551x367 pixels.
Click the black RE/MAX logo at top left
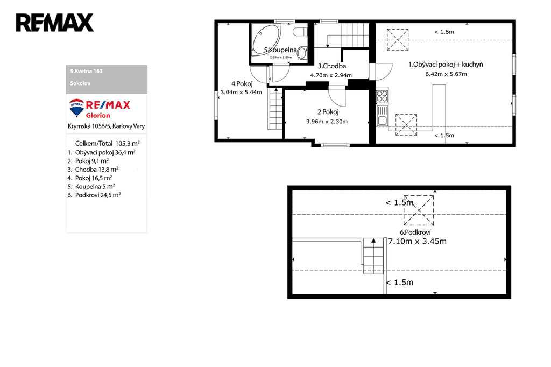point(55,23)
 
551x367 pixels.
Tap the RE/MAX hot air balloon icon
point(76,108)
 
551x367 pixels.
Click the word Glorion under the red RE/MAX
point(98,115)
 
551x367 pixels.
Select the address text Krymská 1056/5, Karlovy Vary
point(106,126)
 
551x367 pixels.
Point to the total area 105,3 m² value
point(128,144)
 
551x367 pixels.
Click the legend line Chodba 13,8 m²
point(93,170)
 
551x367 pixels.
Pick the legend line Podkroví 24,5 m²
point(94,195)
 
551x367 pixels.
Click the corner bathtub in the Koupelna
point(266,39)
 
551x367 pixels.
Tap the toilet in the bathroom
point(300,32)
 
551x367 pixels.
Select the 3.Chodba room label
point(332,66)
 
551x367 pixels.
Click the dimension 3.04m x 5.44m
point(241,93)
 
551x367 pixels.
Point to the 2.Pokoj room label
point(328,112)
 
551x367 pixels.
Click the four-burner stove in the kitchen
point(382,96)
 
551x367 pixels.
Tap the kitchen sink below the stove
point(382,116)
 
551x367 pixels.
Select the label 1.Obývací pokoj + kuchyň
point(446,65)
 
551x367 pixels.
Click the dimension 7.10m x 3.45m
point(417,241)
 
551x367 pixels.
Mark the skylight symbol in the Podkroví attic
point(419,210)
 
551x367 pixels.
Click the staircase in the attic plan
point(373,256)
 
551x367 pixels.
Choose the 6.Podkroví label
point(415,232)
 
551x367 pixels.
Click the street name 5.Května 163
point(87,71)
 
